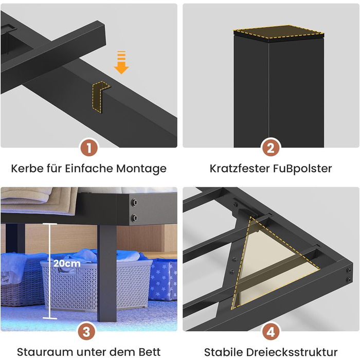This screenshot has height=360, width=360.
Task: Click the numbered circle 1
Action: (x=89, y=148)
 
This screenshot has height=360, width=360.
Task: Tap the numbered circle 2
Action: (x=271, y=148)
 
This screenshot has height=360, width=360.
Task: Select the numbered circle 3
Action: (x=86, y=332)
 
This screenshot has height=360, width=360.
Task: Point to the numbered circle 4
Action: (x=271, y=332)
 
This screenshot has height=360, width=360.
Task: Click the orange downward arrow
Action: (x=121, y=62)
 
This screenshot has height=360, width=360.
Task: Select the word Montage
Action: (x=141, y=169)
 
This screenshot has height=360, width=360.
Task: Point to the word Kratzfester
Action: (x=240, y=168)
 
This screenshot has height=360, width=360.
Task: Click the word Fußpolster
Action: (x=302, y=169)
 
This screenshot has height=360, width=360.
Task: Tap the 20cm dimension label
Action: (x=67, y=263)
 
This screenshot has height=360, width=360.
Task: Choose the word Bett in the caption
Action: (x=150, y=352)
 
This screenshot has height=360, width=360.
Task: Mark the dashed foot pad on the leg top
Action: (x=279, y=31)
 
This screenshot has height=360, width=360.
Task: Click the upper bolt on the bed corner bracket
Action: (x=134, y=203)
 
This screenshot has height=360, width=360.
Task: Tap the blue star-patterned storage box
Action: (x=163, y=279)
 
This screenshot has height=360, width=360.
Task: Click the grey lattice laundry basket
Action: (x=97, y=285)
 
